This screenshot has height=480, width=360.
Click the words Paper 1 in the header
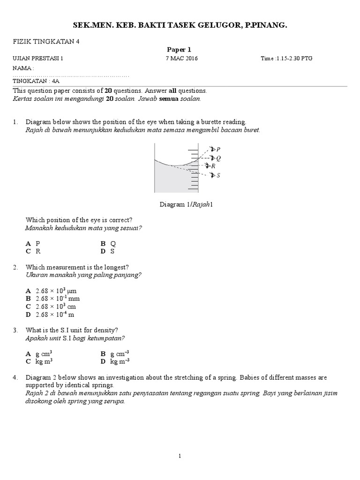tap(179, 50)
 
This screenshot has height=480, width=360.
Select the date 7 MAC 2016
tap(182, 59)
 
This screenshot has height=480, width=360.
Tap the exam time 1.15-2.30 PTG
tap(287, 59)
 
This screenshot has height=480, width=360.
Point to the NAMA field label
tap(23, 68)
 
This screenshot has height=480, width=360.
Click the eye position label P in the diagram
tap(218, 149)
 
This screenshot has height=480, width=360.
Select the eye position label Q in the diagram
tap(218, 158)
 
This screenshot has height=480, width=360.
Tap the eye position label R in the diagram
tap(213, 166)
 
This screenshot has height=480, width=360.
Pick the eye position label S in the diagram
tap(218, 175)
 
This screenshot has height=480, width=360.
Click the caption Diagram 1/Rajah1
tap(187, 204)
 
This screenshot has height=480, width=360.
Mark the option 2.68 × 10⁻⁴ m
tap(50, 315)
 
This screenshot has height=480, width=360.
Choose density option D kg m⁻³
tap(115, 361)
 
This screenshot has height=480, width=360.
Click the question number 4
tap(15, 377)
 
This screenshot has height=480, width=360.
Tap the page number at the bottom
tap(180, 456)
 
